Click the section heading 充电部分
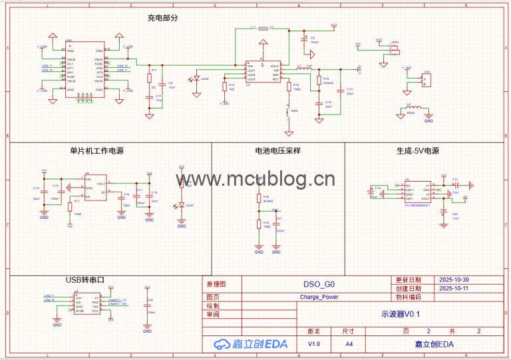pos(163,19)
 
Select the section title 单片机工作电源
pos(97,151)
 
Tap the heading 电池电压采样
pos(277,151)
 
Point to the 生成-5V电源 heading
pos(418,151)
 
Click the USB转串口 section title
pos(86,281)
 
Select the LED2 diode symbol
pos(194,80)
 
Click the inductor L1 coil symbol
pos(308,68)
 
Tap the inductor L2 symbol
pos(415,107)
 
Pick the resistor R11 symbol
pos(150,79)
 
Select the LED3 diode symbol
pos(182,205)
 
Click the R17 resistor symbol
pos(70,206)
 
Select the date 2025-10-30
pos(454,280)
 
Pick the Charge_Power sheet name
pos(319,297)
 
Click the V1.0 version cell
pos(314,344)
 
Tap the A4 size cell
pos(349,344)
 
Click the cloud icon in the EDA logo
pos(221,344)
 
